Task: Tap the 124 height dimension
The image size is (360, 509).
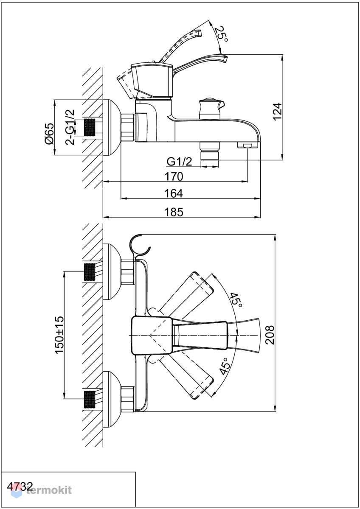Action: click(x=277, y=112)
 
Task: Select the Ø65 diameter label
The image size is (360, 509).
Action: click(x=49, y=134)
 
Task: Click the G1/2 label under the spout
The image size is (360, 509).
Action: click(x=180, y=162)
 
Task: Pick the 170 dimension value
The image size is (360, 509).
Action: click(x=174, y=176)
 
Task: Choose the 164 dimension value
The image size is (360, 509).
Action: click(x=174, y=193)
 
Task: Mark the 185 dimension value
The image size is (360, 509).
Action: click(x=174, y=212)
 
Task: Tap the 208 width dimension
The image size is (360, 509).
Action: click(x=270, y=332)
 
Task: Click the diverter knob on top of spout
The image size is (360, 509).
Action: click(x=211, y=108)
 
